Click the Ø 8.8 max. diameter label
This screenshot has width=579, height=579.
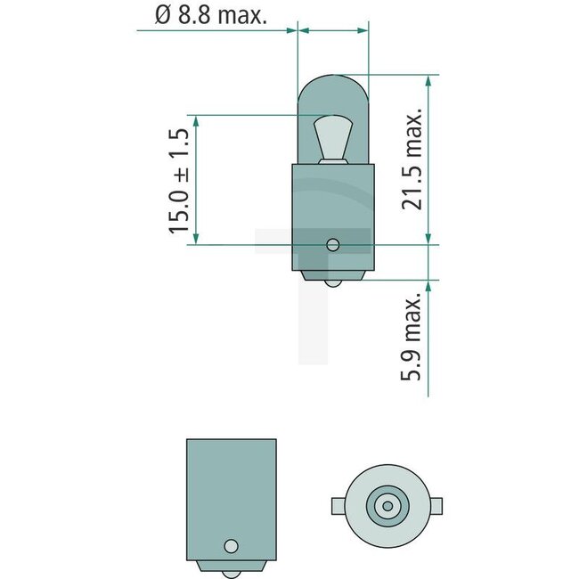[x=210, y=15]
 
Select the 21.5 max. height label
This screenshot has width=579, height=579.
[x=412, y=160]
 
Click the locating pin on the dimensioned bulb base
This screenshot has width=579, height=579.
[x=332, y=244]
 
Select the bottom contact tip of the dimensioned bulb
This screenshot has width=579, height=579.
[x=332, y=284]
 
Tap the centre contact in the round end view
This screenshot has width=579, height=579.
[x=387, y=506]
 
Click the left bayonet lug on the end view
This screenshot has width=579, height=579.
[x=337, y=506]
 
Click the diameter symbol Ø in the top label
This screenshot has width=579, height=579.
[x=160, y=15]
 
